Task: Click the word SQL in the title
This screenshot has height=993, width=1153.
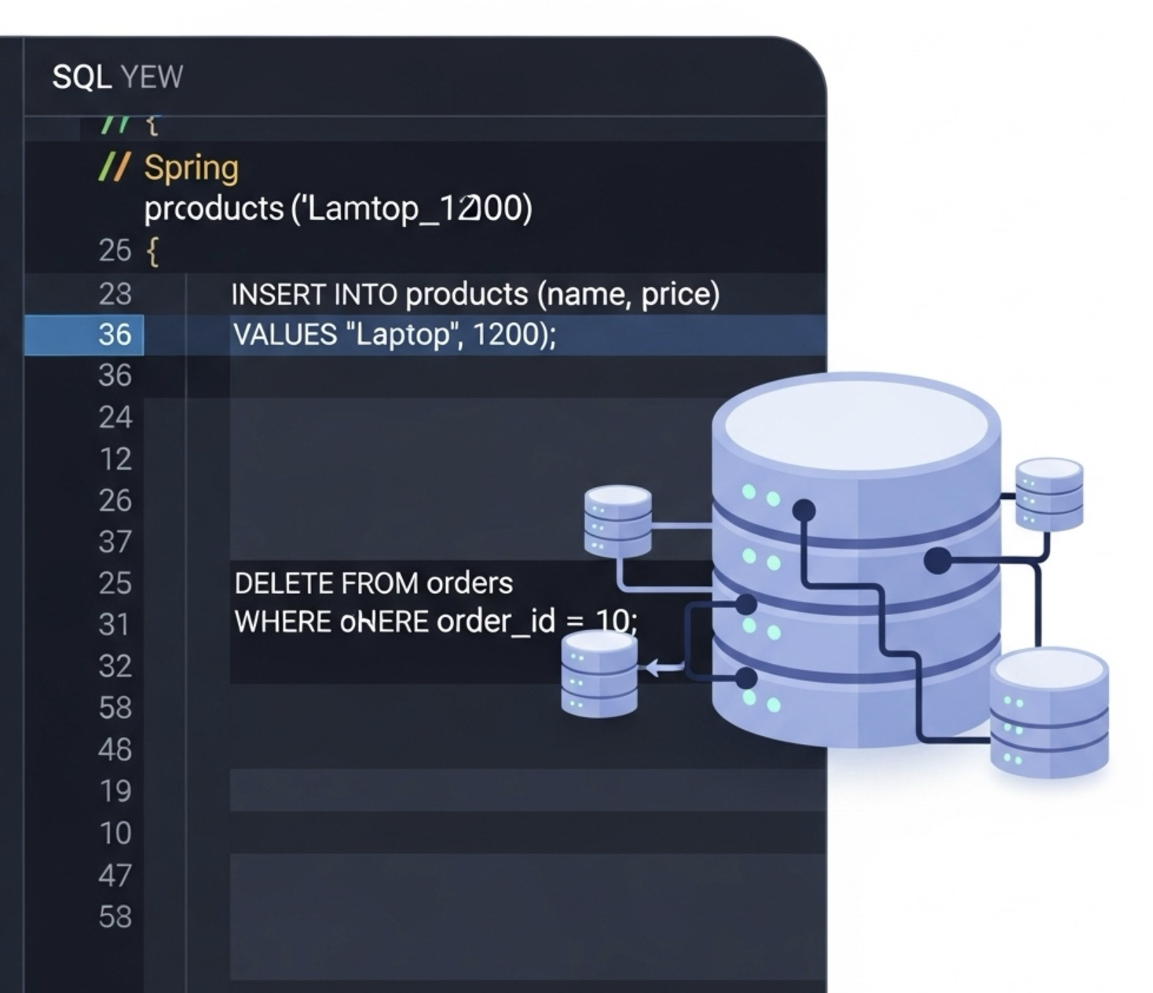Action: point(82,77)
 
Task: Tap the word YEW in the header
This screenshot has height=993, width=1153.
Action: point(152,77)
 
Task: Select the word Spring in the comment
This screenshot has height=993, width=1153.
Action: point(191,168)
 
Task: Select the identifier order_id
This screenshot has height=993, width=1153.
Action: point(496,621)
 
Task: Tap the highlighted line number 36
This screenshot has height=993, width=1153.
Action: point(115,335)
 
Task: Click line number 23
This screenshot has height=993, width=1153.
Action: point(115,294)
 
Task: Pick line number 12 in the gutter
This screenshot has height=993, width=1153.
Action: point(115,459)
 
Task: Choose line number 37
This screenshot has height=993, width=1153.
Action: point(115,542)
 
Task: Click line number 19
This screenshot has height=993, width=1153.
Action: point(115,791)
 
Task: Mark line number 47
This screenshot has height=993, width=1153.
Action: point(115,874)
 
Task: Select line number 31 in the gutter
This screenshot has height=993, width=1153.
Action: point(115,625)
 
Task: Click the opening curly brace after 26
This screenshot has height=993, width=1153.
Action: point(152,252)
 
